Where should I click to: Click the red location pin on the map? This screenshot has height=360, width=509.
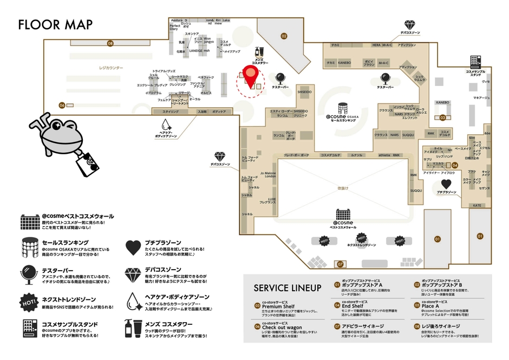tap(251, 75)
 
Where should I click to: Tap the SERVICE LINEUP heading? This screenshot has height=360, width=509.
tap(288, 287)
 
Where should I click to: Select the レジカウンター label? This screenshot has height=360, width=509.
tap(111, 68)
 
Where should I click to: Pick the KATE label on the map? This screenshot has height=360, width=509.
tap(477, 206)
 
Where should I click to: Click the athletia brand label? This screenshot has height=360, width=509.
tap(383, 155)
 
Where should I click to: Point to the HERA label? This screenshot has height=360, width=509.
tap(377, 45)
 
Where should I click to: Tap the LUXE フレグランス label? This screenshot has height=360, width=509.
tap(268, 200)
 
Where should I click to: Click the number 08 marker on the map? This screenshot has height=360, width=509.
tap(110, 43)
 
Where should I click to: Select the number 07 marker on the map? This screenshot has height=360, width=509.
tap(341, 264)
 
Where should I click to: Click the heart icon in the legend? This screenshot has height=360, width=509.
tap(133, 247)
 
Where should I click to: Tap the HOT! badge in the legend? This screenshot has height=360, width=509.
tap(28, 300)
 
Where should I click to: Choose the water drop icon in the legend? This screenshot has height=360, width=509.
tap(133, 300)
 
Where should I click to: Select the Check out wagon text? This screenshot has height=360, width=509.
tap(283, 327)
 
